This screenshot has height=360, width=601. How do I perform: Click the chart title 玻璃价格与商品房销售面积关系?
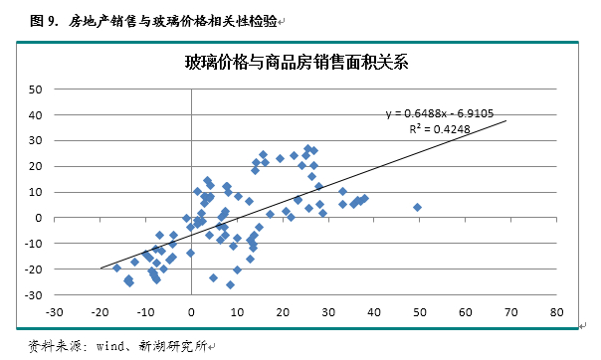point(299,63)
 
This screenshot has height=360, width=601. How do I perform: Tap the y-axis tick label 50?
point(34,89)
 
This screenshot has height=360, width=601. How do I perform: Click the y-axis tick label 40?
point(34,114)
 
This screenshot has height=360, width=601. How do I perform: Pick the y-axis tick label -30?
point(32,295)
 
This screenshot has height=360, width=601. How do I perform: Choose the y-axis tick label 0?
point(37,218)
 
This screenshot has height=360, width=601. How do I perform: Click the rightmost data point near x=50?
point(417,208)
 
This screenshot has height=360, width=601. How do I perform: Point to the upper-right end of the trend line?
point(506,121)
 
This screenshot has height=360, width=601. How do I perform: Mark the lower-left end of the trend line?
point(100,268)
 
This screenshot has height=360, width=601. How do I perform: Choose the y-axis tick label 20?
point(34,166)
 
